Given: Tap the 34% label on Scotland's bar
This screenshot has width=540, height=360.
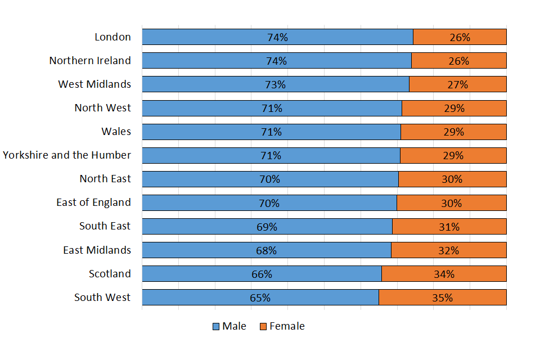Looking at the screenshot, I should [444, 274].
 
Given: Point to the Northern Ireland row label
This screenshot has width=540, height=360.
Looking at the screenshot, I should [90, 61].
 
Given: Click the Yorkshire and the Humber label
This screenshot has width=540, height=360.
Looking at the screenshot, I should [67, 155].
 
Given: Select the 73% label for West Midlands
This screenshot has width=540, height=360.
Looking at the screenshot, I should [275, 84].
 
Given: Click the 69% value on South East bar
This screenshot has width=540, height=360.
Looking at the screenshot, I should [267, 227].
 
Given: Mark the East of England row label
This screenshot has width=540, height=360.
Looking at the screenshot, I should [93, 202].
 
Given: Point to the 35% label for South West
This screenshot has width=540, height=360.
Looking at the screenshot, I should [442, 298].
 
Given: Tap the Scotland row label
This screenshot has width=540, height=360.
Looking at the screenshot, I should [110, 274].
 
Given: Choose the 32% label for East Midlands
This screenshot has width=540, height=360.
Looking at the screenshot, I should [448, 250].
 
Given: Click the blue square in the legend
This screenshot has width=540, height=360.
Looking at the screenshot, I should [216, 327].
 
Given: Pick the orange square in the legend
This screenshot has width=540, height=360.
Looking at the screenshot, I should [263, 327].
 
